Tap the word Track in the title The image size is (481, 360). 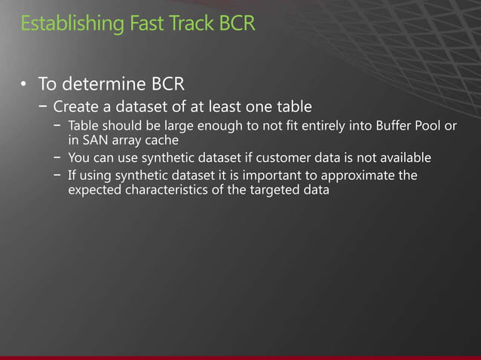tap(184, 23)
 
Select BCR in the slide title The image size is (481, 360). tap(237, 23)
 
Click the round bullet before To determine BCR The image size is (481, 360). tap(24, 82)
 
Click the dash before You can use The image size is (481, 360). tap(58, 158)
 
